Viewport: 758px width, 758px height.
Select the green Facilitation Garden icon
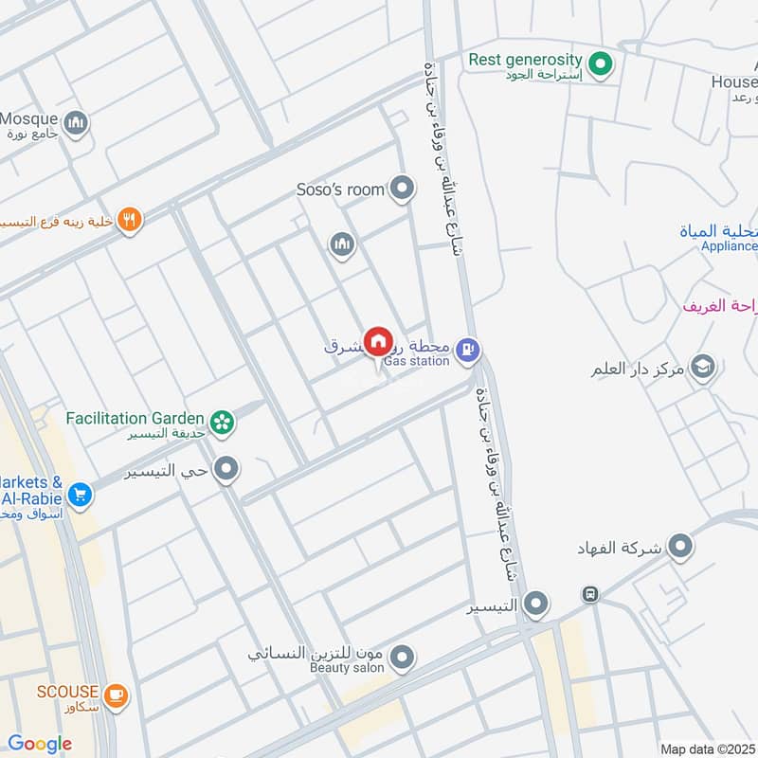click(x=223, y=422)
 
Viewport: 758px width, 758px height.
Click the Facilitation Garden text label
click(x=135, y=418)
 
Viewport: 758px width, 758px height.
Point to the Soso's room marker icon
click(x=404, y=189)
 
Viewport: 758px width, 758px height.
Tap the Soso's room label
click(x=340, y=189)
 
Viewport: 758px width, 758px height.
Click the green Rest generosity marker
click(x=599, y=64)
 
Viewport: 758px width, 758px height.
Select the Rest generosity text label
click(x=525, y=60)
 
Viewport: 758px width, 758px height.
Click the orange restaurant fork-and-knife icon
click(x=131, y=221)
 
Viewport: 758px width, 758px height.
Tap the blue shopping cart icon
click(x=80, y=494)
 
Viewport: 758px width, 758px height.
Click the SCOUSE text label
click(x=67, y=692)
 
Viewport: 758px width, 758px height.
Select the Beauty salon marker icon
click(x=403, y=657)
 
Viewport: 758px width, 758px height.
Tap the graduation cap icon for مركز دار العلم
click(x=703, y=367)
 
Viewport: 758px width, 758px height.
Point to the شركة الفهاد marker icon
click(x=679, y=546)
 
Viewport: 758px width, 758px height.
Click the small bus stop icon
click(x=590, y=594)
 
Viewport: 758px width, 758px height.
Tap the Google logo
click(x=40, y=744)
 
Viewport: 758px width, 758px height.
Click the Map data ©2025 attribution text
click(x=706, y=749)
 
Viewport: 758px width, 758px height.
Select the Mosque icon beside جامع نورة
click(x=76, y=121)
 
